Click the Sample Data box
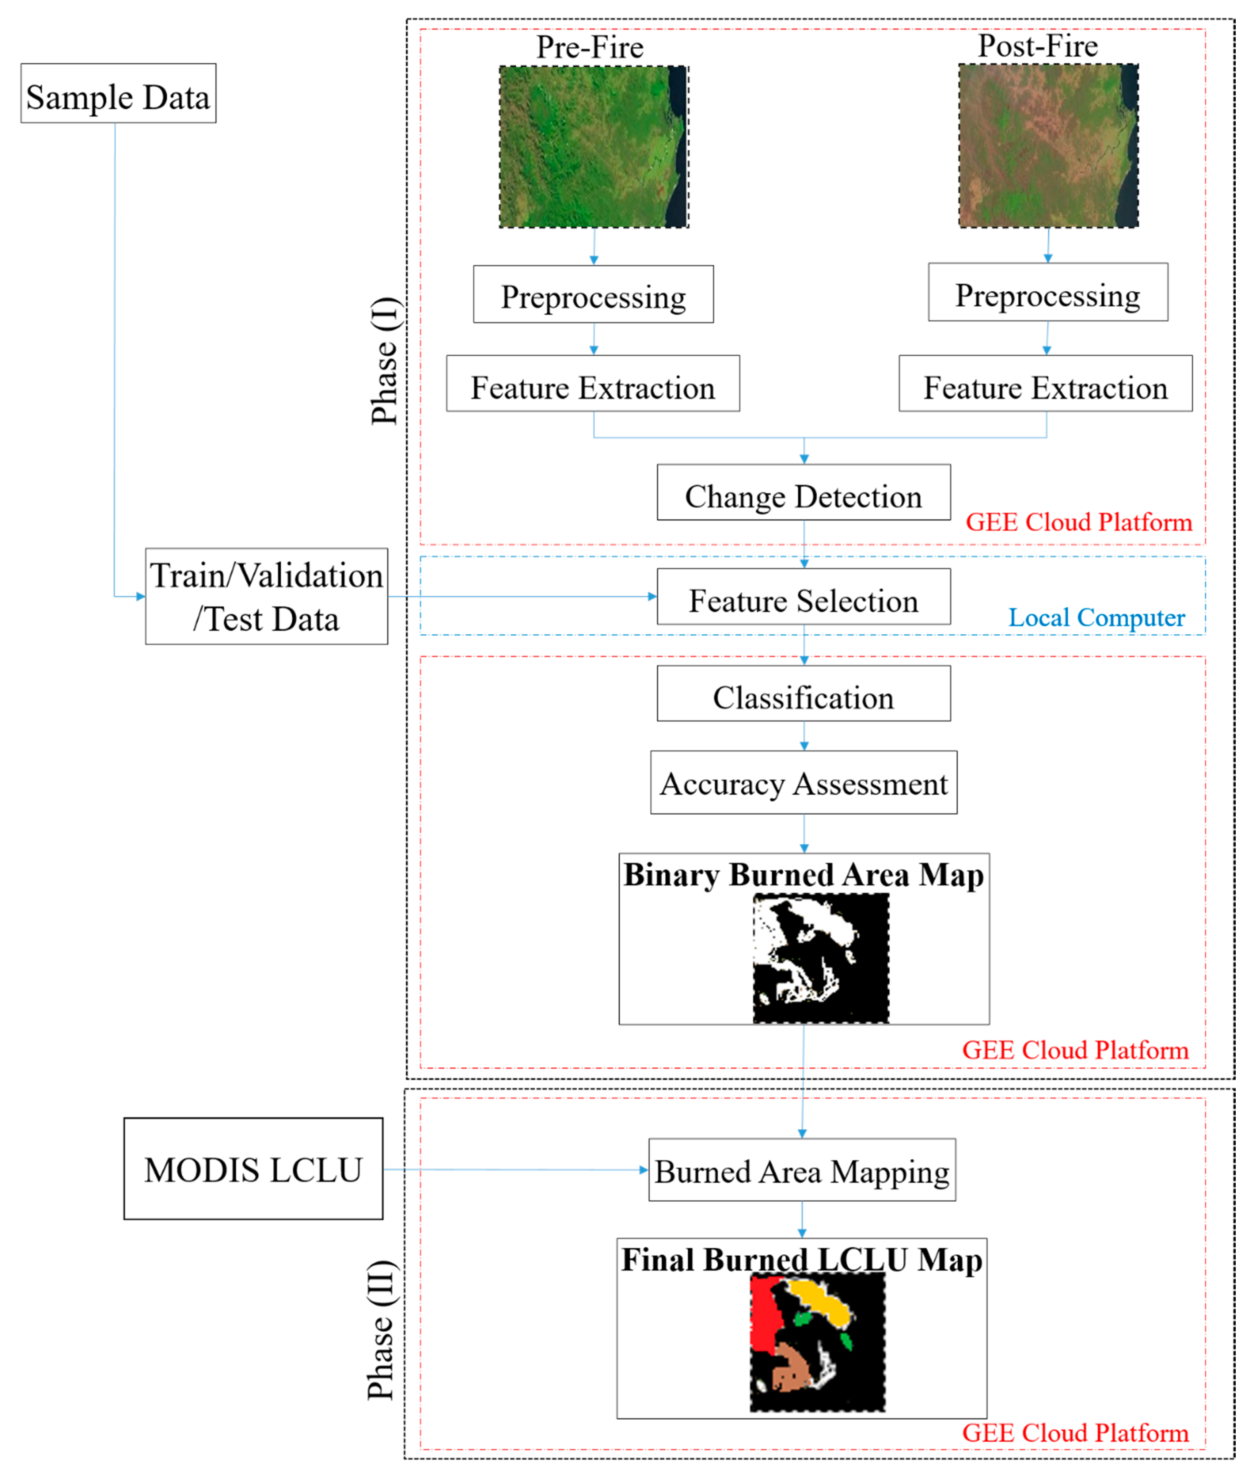(118, 93)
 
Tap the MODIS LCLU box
(253, 1170)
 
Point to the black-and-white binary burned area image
(821, 958)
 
